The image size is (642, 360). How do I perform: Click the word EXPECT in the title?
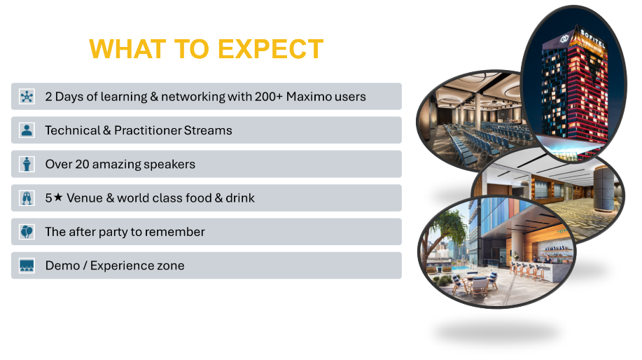271,49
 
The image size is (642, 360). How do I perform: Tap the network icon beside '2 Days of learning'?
27,97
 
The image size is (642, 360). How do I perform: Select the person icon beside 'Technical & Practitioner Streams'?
27,130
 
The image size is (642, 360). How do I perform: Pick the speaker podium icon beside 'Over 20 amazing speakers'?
27,164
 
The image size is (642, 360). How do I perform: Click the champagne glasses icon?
27,198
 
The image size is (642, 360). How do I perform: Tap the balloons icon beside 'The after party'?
27,232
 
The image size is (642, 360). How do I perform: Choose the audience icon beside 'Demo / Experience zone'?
27,266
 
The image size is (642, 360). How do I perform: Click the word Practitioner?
148,130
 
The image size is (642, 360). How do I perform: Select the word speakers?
169,165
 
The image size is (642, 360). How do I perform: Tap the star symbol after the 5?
58,198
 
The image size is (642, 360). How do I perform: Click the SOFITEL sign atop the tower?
592,37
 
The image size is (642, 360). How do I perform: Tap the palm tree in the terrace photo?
448,228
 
